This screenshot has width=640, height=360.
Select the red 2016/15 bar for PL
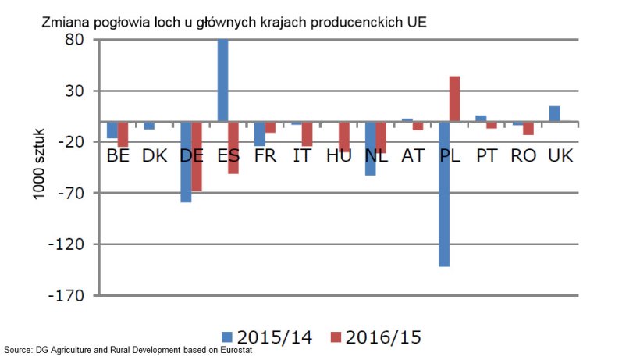(454, 98)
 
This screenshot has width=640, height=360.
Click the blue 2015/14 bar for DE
(186, 162)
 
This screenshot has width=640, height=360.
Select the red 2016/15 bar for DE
(197, 156)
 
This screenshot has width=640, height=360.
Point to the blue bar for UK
(555, 113)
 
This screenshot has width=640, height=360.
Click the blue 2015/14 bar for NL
(371, 148)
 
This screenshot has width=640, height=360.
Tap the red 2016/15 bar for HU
(344, 137)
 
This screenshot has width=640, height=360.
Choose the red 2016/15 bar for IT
(307, 134)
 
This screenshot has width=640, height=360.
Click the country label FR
(265, 155)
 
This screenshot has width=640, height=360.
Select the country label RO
(523, 155)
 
